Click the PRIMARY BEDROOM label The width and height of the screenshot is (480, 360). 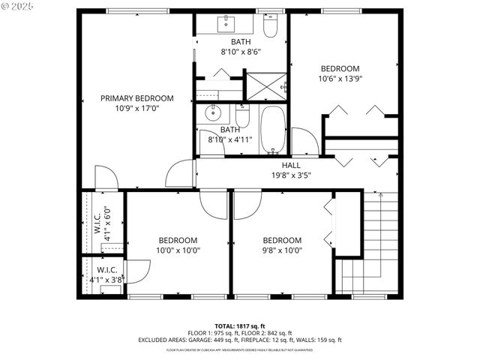point(137,98)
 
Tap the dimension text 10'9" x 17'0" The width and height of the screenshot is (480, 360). point(137,108)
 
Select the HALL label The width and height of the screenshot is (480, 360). point(291,166)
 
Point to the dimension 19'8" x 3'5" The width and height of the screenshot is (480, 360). point(291,175)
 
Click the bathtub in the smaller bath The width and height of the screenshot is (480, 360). point(273,129)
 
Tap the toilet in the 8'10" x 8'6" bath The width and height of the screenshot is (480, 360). point(271,26)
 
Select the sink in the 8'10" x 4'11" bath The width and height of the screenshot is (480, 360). point(213,115)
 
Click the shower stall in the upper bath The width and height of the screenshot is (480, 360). point(266,85)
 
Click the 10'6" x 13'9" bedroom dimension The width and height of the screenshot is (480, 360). point(340,78)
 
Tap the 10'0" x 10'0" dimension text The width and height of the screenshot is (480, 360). point(178,250)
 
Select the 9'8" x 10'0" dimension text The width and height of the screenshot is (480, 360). point(282,250)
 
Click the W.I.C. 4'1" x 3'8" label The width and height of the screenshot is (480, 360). point(105,275)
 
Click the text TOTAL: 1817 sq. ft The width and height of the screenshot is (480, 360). point(240,325)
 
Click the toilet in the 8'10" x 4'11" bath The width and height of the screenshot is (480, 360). point(242,116)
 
